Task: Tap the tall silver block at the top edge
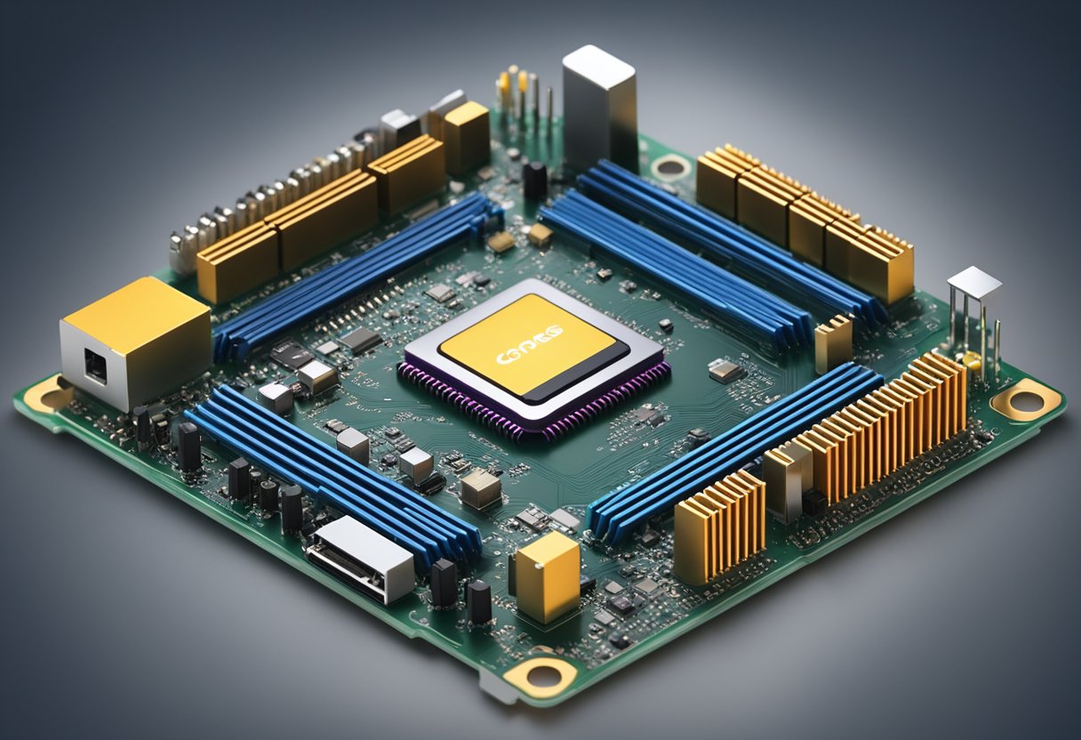click(599, 107)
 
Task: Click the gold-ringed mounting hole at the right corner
click(1027, 401)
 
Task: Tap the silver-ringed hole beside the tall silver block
click(670, 166)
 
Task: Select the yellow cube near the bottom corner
click(548, 576)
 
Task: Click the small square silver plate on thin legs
click(974, 283)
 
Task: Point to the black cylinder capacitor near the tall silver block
click(535, 180)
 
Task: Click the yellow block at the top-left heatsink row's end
click(467, 136)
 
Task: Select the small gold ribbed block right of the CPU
click(833, 342)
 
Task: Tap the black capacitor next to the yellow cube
click(478, 601)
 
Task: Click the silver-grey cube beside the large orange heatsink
click(788, 481)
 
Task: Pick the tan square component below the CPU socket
click(480, 488)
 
